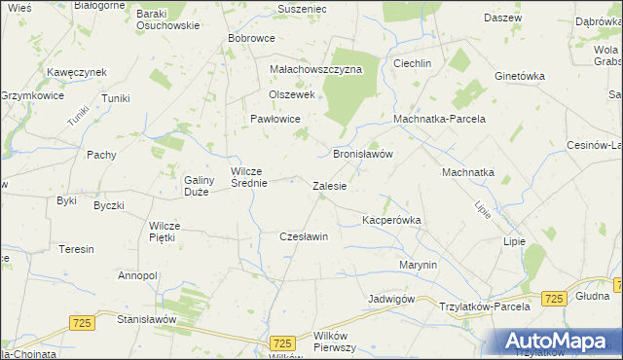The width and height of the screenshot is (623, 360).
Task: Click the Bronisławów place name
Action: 362,154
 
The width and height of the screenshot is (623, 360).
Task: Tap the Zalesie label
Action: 329,185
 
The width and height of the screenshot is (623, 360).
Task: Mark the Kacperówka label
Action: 391,221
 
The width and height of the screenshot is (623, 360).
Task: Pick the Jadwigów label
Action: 392,298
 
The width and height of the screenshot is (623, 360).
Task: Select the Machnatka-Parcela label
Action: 439,119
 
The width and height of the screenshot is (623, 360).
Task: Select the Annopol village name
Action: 137,275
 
